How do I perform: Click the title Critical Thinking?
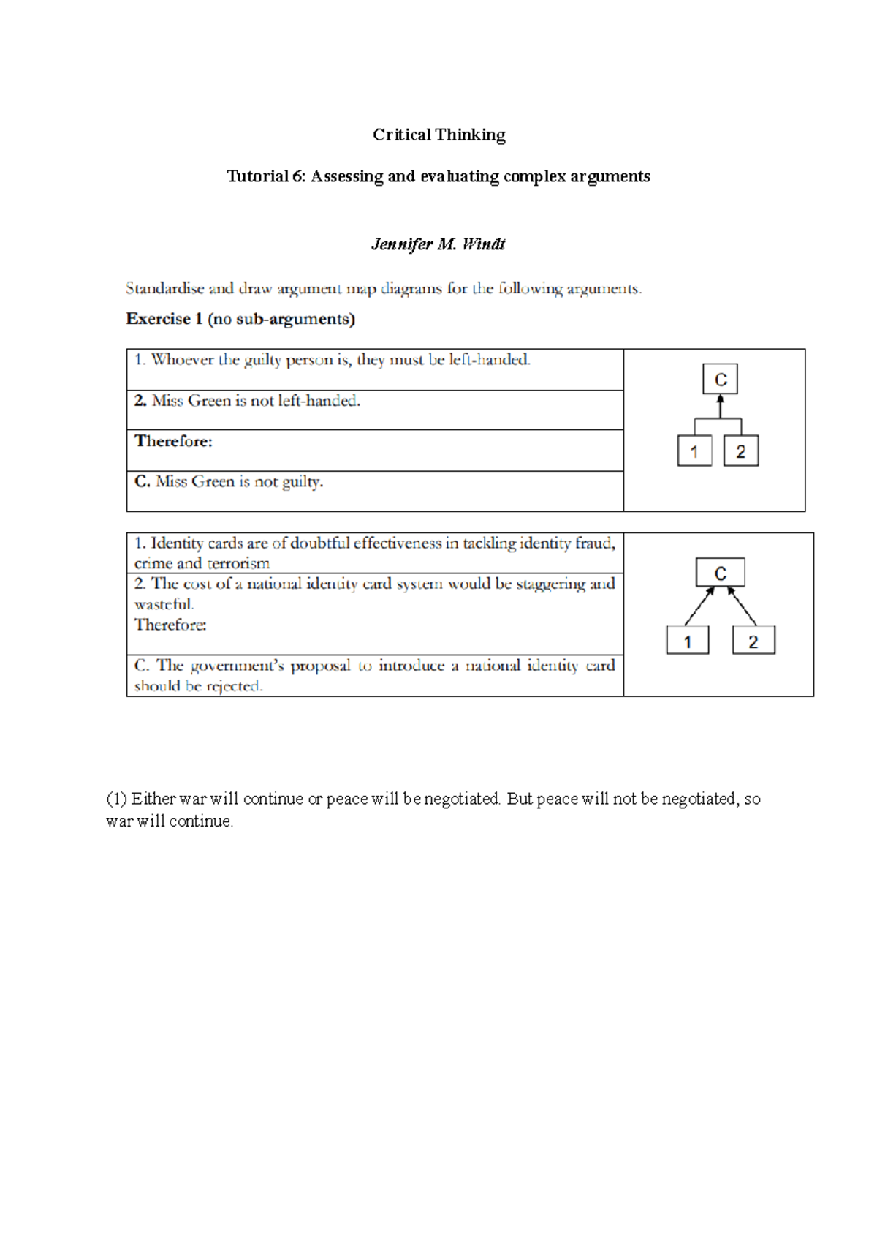click(438, 135)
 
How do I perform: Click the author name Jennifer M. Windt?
click(438, 244)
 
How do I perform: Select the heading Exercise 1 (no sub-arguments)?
click(240, 319)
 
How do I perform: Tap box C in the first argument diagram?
click(720, 380)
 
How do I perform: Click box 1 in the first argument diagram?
click(694, 451)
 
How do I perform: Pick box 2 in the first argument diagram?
click(740, 451)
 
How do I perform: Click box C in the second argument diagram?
click(720, 573)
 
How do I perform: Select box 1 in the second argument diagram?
click(687, 641)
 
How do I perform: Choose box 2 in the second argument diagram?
click(753, 641)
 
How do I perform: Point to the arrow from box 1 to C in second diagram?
click(699, 606)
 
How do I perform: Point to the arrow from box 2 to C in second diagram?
click(742, 606)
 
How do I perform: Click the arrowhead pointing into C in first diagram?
click(720, 399)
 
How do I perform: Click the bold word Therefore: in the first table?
click(174, 441)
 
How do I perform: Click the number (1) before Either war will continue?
click(116, 799)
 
